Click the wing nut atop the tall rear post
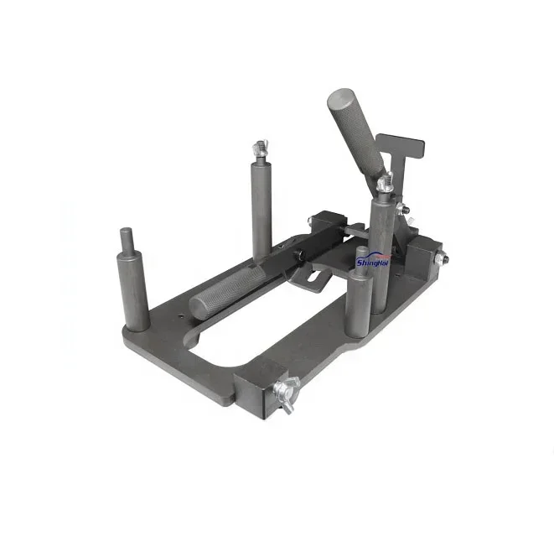coord(261,152)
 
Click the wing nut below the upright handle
coord(385,180)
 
